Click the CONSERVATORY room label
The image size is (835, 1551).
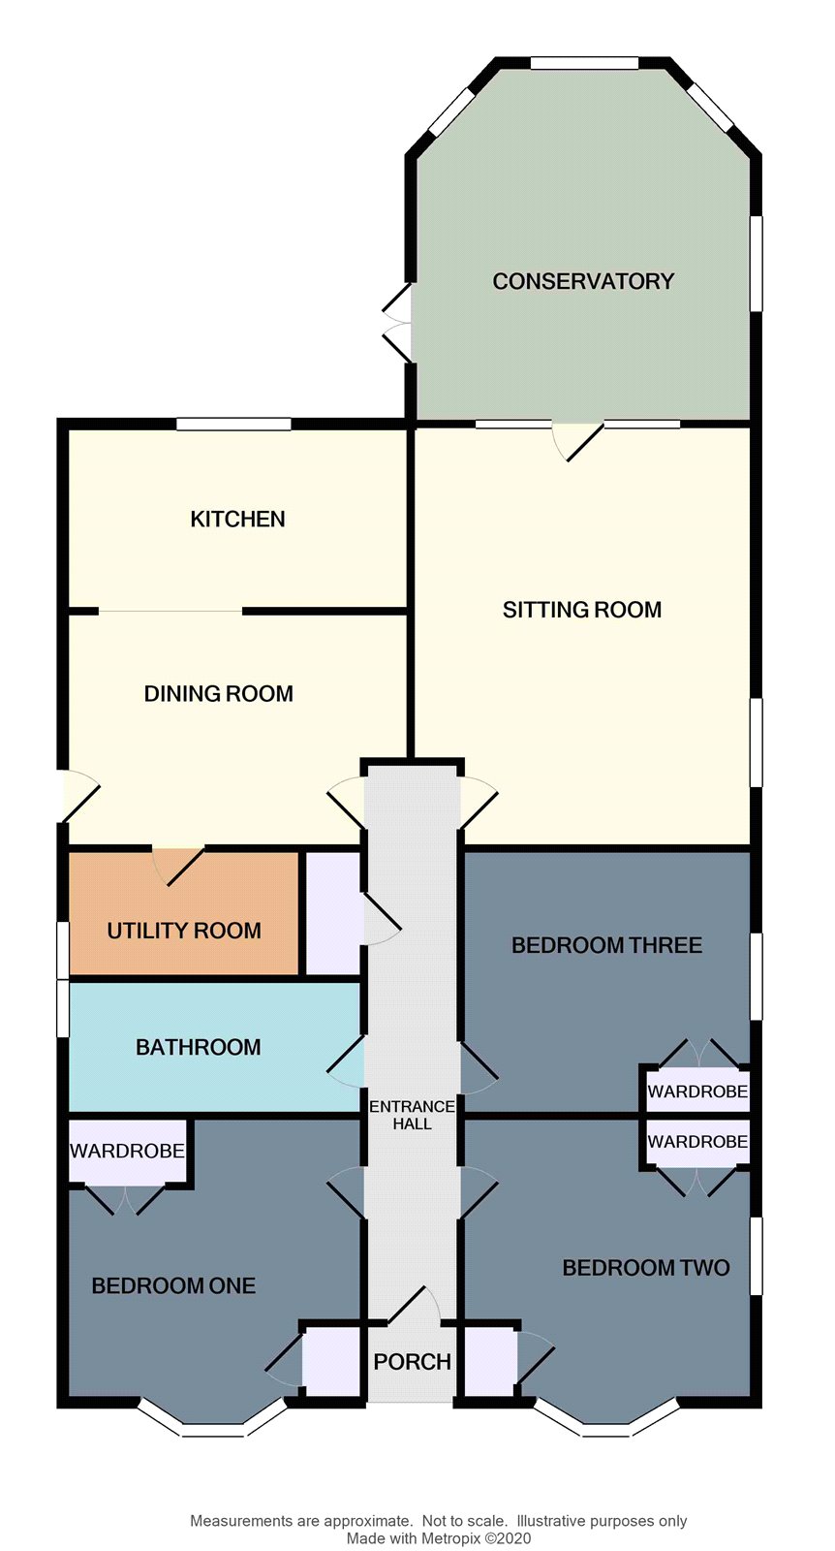[582, 281]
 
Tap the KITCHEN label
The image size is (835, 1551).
[237, 519]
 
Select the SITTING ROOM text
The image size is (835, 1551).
[581, 610]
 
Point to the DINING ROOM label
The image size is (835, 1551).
[218, 693]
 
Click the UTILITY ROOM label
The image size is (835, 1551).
[184, 931]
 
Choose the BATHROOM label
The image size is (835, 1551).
[198, 1047]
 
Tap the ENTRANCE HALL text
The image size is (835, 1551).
[412, 1115]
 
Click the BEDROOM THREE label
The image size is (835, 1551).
[606, 945]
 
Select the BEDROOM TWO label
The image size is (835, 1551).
[645, 1267]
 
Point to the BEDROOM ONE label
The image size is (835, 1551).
[173, 1285]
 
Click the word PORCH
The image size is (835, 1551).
[412, 1362]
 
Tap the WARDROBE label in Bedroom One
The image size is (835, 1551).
[127, 1151]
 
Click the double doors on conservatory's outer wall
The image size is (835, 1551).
[399, 323]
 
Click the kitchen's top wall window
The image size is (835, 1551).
[233, 424]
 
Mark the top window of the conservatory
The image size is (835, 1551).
[584, 63]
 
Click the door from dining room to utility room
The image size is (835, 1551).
[179, 863]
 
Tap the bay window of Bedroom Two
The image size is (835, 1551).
[606, 1425]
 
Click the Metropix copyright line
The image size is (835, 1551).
[438, 1537]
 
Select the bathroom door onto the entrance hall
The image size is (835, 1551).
[347, 1061]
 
